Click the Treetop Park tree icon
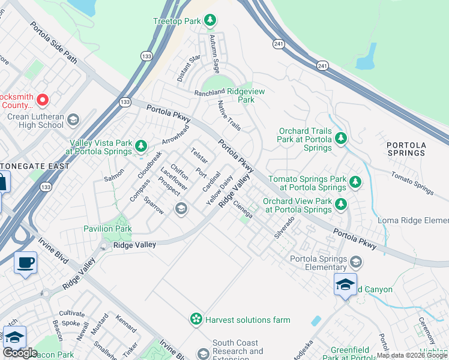[x=209, y=21]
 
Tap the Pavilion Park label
[x=107, y=229]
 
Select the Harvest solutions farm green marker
[x=196, y=320]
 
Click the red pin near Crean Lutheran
[x=43, y=100]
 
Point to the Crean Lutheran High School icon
[x=74, y=119]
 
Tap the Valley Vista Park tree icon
[x=141, y=146]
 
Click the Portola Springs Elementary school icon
[x=356, y=262]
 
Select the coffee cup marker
[x=25, y=263]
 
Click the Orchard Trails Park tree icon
[x=341, y=139]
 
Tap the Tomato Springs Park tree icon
[x=355, y=181]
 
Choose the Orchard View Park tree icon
[x=341, y=204]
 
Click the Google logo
[x=20, y=353]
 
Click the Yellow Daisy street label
[x=219, y=191]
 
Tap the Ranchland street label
[x=209, y=93]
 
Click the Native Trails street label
[x=229, y=116]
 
